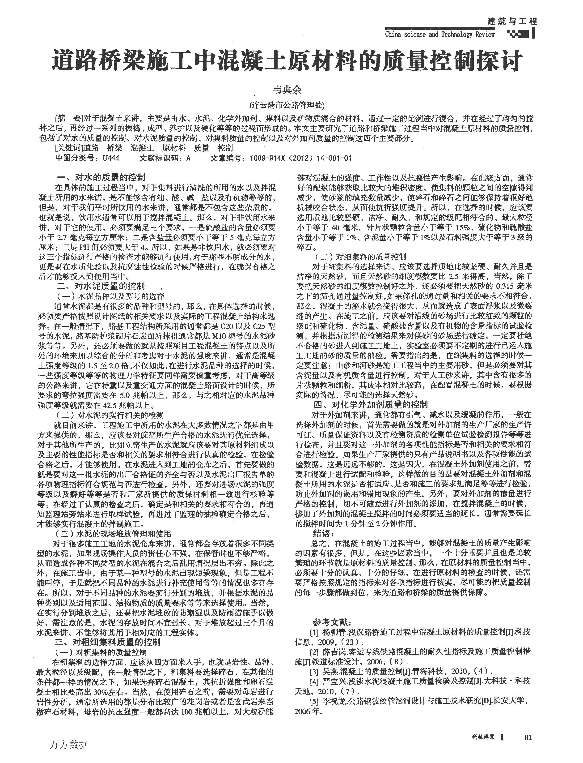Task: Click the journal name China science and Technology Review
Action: pyautogui.click(x=440, y=34)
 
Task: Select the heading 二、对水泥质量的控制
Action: pyautogui.click(x=101, y=287)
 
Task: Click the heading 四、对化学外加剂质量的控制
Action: pyautogui.click(x=371, y=404)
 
